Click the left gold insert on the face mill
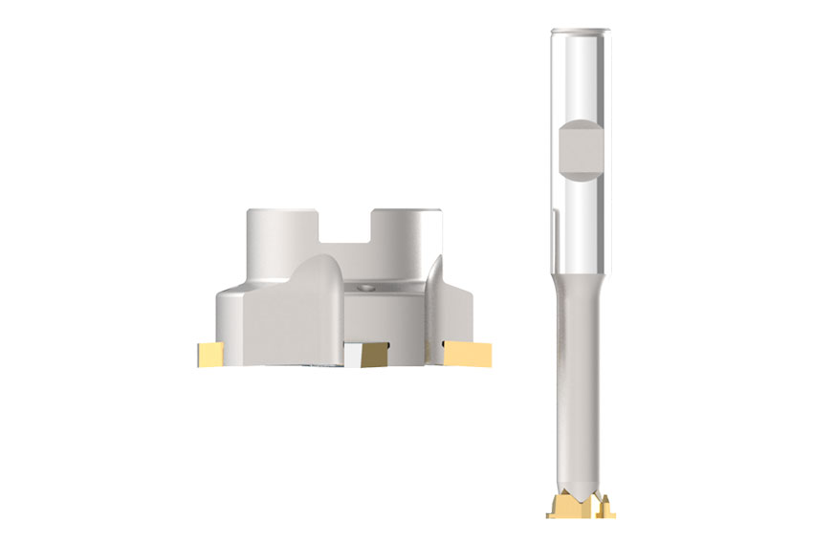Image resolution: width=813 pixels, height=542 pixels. (209, 354)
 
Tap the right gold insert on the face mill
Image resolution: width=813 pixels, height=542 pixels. (468, 354)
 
